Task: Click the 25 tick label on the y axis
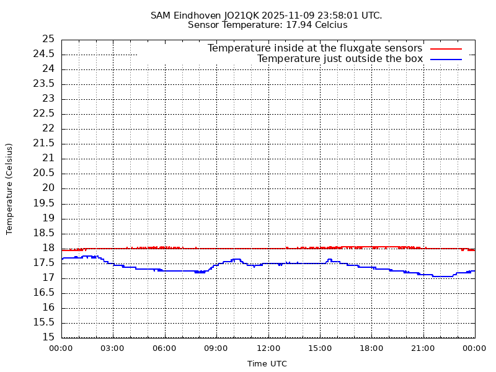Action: (x=48, y=39)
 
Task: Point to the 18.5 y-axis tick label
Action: (x=45, y=233)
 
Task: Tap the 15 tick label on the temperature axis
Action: (x=48, y=337)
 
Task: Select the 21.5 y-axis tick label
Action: (x=45, y=143)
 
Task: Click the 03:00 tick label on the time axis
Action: (x=113, y=348)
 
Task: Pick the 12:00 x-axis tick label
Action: (x=268, y=348)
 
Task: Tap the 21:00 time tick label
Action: (x=423, y=348)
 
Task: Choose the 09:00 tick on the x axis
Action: (x=216, y=348)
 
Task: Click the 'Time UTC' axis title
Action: (x=267, y=364)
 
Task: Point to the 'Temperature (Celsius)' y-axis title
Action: (x=9, y=188)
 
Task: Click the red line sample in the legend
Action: (x=446, y=48)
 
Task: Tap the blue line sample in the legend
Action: (x=446, y=59)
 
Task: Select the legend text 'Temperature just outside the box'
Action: (x=340, y=59)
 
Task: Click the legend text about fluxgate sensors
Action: (x=315, y=48)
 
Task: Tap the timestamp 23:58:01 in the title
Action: (x=339, y=15)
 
